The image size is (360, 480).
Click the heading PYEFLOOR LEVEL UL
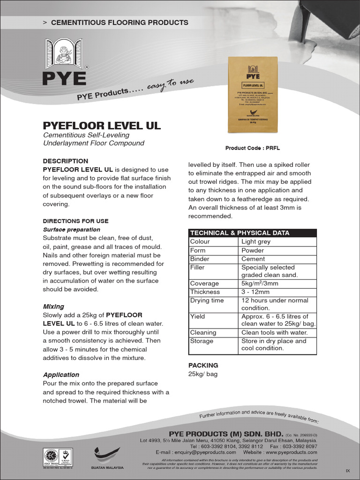point(102,126)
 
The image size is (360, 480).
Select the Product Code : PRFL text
point(252,148)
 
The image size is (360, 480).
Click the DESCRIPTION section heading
point(65,161)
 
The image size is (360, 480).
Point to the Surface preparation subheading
point(71,230)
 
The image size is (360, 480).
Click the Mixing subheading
point(53,307)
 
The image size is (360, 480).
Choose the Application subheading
point(61,375)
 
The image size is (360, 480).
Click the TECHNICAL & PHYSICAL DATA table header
point(239,233)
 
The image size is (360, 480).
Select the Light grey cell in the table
point(255,242)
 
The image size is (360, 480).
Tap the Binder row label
point(200,259)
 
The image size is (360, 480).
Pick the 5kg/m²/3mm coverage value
point(260,284)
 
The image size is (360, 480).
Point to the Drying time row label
point(207,300)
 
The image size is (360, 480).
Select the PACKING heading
point(203,365)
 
